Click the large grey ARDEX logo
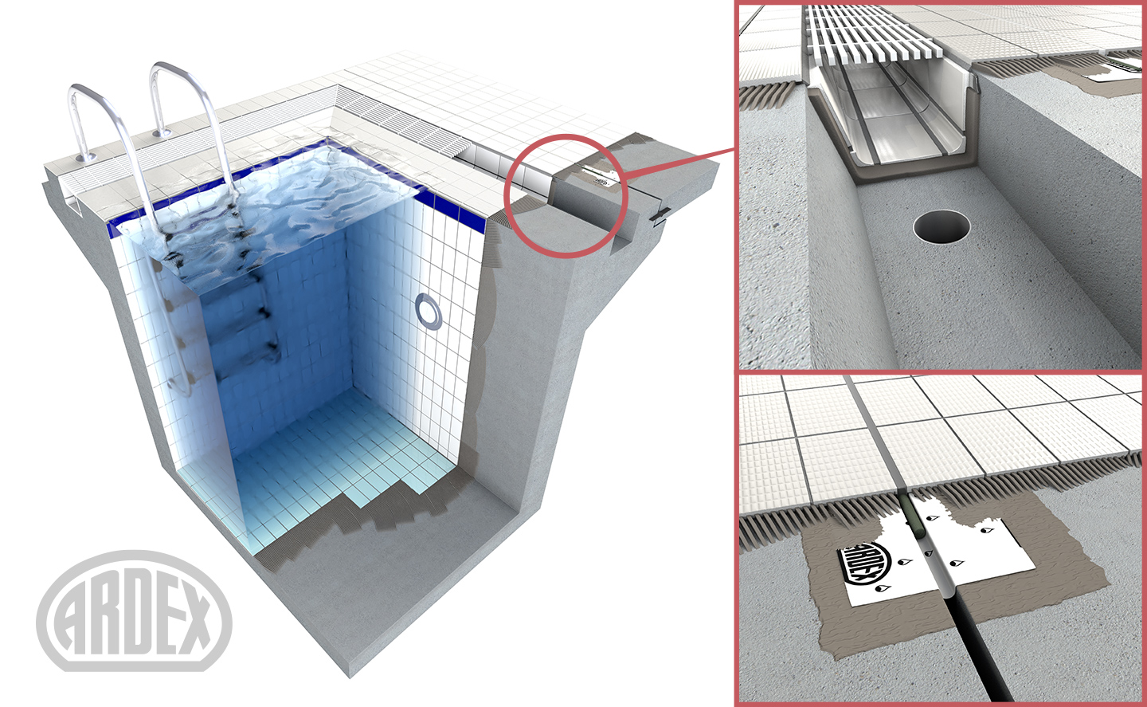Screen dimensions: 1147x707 [x=134, y=611]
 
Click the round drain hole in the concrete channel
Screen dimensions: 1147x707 [x=941, y=226]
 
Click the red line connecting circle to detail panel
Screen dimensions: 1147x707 [x=679, y=163]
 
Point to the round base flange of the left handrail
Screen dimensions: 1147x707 [x=85, y=157]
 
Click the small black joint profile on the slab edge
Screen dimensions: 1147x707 [x=660, y=215]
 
